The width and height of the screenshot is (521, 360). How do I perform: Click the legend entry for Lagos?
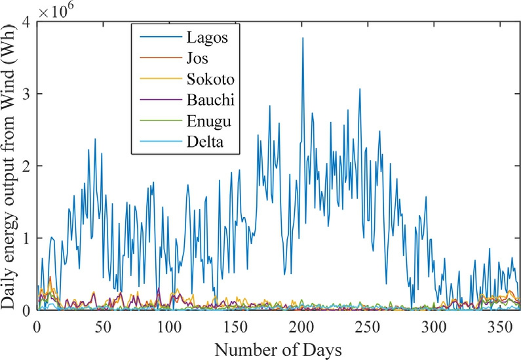pos(206,37)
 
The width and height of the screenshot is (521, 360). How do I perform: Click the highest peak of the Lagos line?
pos(302,38)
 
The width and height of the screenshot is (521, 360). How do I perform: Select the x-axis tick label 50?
pos(103,326)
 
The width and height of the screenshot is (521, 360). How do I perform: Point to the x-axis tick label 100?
pos(169,326)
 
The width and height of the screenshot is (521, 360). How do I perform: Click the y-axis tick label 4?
pos(26,22)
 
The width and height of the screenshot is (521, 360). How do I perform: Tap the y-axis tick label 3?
pos(26,94)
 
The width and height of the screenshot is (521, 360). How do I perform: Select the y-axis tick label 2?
pos(26,166)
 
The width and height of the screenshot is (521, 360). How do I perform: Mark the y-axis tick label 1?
pos(26,238)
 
